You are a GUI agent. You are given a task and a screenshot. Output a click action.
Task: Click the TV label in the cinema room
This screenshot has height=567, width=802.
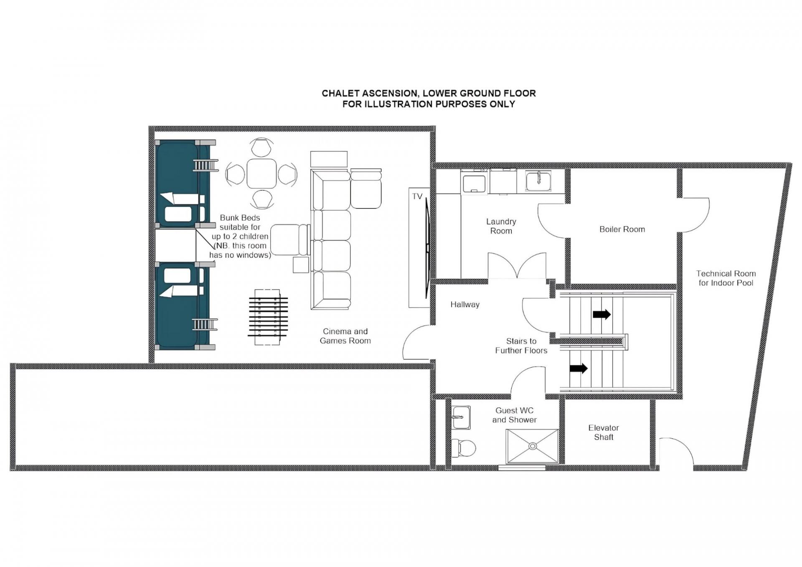417,196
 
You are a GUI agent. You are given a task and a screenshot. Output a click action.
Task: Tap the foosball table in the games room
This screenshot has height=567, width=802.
267,317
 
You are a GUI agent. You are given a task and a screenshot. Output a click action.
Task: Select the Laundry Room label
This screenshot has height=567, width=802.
501,226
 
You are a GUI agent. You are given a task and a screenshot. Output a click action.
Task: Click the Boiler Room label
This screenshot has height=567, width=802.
622,229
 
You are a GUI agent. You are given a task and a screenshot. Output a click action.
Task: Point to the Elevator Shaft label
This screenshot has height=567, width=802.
604,432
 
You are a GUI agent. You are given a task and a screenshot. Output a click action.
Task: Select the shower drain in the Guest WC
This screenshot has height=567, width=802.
533,446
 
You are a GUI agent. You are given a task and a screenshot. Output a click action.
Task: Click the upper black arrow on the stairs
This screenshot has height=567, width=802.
601,314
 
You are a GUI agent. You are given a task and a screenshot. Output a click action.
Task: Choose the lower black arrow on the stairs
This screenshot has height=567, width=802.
579,369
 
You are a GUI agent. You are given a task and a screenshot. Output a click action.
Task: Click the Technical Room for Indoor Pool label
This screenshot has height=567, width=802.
726,278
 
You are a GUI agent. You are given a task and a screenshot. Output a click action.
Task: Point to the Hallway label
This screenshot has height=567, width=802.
465,305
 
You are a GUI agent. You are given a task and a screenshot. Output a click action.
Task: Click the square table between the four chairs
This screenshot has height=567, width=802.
261,173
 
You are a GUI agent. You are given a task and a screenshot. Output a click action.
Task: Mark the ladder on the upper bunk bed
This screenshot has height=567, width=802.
206,165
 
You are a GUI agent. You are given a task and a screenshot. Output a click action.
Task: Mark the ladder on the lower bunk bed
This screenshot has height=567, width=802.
205,325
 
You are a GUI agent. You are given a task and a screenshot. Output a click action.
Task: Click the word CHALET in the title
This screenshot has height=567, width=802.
337,93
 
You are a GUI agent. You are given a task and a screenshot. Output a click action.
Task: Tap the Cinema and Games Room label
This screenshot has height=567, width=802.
345,336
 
